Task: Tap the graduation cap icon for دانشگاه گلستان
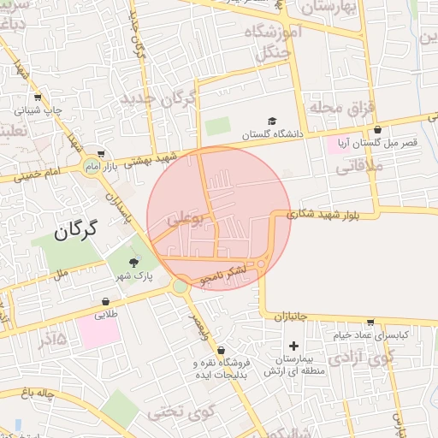coord(272,121)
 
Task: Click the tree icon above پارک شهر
coord(133,263)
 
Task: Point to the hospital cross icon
coord(294,346)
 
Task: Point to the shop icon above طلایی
coord(105,301)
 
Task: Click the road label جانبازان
coord(291,317)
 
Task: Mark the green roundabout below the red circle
coord(180,286)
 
